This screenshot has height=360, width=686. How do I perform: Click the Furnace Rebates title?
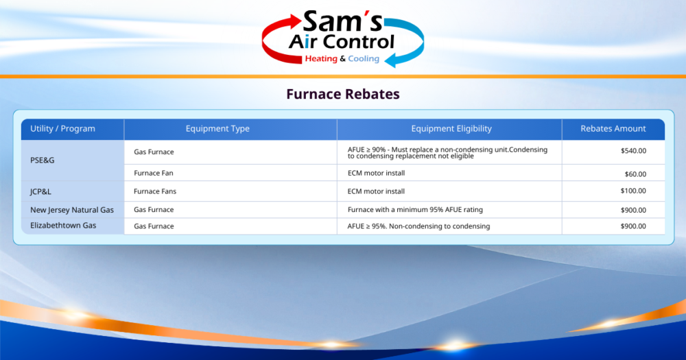342,94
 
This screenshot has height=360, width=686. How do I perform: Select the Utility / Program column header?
62,129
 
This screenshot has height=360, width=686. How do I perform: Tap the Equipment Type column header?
217,129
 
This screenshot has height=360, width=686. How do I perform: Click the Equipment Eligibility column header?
451,129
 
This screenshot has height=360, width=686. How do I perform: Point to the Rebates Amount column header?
613,129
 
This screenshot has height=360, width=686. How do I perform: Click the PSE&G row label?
42,160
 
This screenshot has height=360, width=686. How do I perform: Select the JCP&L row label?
40,192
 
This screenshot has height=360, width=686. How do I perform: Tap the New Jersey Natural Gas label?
72,210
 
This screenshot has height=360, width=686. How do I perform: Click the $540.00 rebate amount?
632,151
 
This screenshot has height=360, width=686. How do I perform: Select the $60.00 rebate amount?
635,174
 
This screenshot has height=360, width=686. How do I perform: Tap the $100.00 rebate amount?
632,191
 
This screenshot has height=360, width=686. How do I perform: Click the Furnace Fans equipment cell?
154,191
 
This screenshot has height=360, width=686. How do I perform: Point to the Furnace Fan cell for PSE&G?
153,173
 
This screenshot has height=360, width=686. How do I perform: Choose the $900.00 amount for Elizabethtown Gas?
632,226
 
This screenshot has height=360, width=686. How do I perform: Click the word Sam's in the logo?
341,21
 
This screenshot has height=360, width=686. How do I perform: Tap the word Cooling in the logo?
364,59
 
